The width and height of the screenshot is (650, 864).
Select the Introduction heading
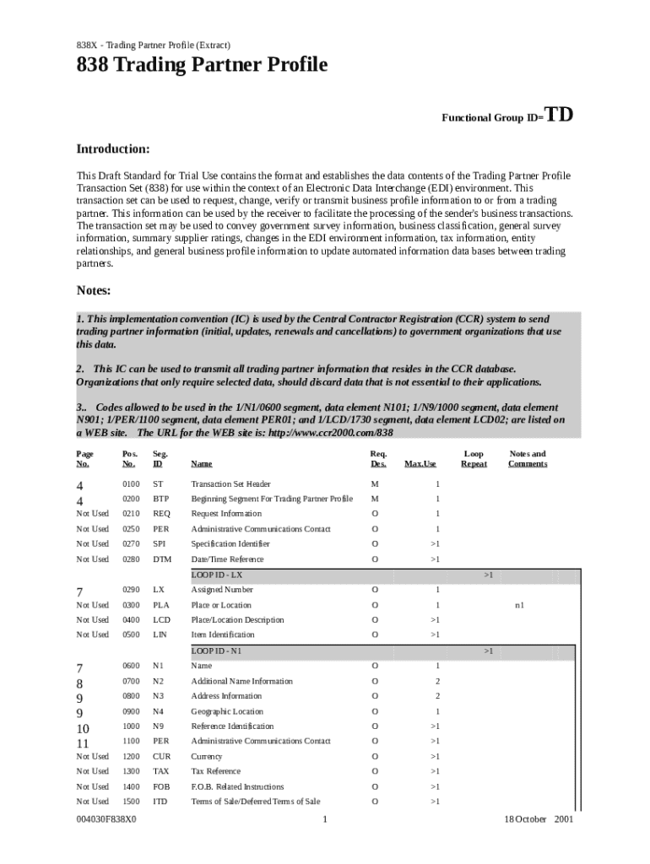(x=113, y=149)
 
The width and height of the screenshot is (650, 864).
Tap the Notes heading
(x=94, y=290)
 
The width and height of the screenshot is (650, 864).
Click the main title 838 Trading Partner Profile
(x=202, y=65)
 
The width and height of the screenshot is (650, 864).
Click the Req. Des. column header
(x=379, y=458)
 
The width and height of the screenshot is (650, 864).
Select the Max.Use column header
(x=420, y=463)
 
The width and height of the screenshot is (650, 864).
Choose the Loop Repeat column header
(x=474, y=458)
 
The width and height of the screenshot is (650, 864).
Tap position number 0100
(x=130, y=484)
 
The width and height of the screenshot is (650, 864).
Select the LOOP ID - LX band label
(x=217, y=575)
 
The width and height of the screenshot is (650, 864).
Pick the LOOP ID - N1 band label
(x=216, y=651)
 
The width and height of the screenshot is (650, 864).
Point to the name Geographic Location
(x=227, y=711)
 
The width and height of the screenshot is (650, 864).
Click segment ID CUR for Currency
(x=161, y=757)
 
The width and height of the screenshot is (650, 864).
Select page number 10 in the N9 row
(x=83, y=727)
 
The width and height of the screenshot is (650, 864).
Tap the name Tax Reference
(x=215, y=771)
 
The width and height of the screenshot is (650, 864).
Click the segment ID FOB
(x=160, y=786)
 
